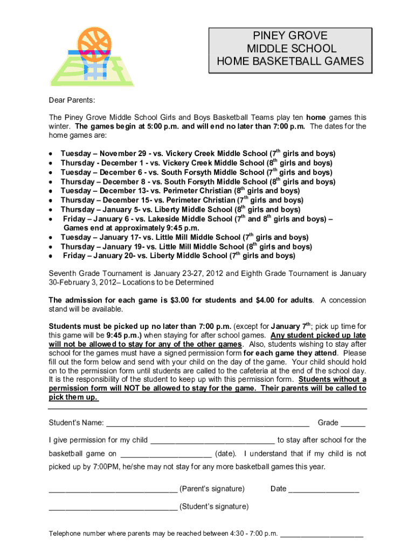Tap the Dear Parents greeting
(72, 100)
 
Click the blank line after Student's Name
(207, 423)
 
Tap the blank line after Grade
(353, 423)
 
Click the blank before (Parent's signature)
(113, 490)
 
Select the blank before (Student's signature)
(113, 508)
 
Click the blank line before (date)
(166, 455)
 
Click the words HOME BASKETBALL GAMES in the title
(290, 62)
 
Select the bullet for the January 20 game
(50, 256)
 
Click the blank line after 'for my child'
(212, 441)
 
